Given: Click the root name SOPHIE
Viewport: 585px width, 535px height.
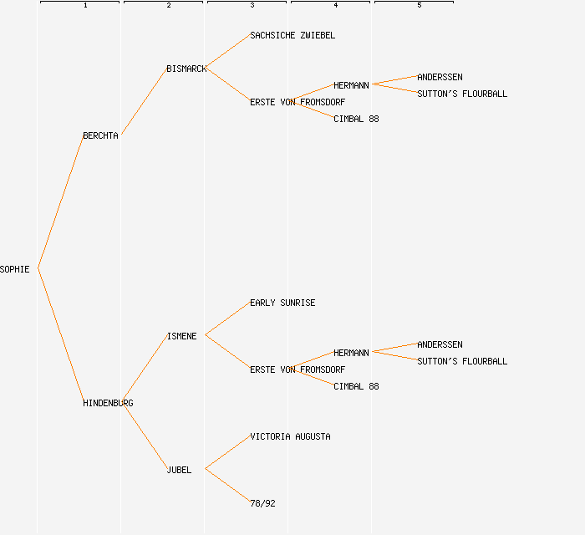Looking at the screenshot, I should click(15, 269).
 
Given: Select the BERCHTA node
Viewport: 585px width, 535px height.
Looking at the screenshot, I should click(100, 135).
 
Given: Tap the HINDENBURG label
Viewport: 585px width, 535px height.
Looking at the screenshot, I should click(108, 403).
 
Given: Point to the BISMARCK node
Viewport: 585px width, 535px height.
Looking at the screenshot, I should click(186, 69).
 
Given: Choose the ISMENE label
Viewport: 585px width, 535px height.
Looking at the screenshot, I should click(181, 336).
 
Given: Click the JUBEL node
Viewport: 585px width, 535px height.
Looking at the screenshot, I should click(179, 470).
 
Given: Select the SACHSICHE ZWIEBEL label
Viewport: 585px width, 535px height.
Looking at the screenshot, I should click(292, 35).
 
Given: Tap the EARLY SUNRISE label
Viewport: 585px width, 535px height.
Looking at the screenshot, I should click(282, 303).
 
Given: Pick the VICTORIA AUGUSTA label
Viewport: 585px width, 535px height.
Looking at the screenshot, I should click(290, 436).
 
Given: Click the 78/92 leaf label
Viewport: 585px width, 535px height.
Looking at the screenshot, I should click(262, 503).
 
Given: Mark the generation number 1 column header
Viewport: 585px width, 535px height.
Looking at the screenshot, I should click(85, 6).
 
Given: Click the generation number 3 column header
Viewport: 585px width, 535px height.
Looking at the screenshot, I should click(252, 6).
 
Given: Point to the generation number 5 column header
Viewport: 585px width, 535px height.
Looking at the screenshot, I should click(420, 6).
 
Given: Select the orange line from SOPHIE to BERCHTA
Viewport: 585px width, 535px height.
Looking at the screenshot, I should click(60, 201).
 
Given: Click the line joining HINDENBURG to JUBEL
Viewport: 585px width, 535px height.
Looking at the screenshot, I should click(144, 436).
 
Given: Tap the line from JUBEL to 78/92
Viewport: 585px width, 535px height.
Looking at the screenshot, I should click(227, 486).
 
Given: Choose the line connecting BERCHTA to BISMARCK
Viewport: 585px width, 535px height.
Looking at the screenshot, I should click(144, 101).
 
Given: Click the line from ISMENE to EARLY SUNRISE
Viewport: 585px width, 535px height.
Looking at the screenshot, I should click(227, 318).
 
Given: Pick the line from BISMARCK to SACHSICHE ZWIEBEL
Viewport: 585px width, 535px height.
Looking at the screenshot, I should click(227, 51).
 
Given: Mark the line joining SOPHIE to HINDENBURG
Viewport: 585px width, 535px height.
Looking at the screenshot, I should click(60, 335).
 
